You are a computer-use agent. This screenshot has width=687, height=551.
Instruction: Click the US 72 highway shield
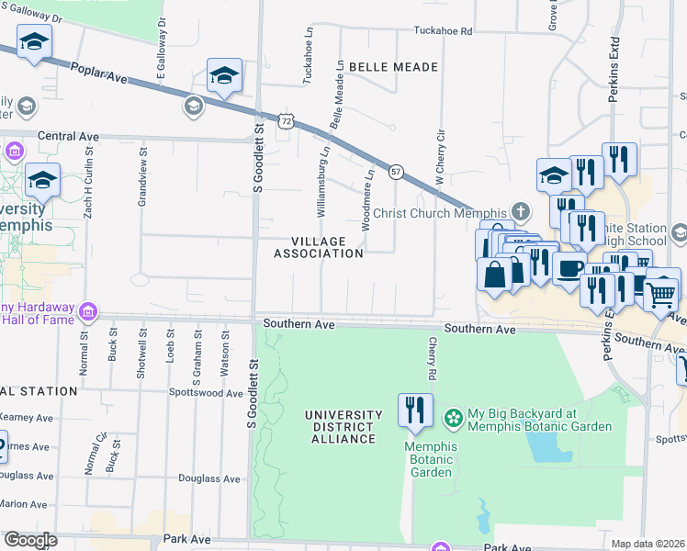click(x=287, y=120)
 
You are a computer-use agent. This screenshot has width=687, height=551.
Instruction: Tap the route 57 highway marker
click(x=396, y=172)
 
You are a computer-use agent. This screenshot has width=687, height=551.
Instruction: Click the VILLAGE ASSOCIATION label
click(x=327, y=247)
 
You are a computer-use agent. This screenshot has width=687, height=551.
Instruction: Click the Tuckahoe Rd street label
click(x=442, y=31)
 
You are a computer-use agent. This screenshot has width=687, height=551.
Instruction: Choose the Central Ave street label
click(x=68, y=136)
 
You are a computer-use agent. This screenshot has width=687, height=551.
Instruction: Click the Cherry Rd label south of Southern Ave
click(x=431, y=358)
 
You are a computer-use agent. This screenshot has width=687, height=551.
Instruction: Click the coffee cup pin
click(x=569, y=268)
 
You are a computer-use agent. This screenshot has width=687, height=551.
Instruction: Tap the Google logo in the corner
click(x=30, y=540)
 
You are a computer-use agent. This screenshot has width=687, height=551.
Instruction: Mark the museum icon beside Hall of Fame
click(x=88, y=311)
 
